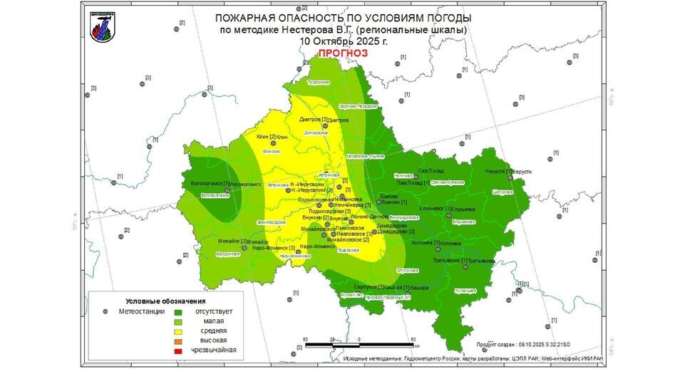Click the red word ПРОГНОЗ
click(x=343, y=53)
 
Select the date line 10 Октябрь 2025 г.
click(x=343, y=41)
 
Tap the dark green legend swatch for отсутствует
click(x=178, y=311)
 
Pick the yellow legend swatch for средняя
click(x=178, y=331)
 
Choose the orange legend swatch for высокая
click(x=178, y=341)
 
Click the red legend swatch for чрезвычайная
click(x=178, y=350)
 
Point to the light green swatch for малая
click(x=178, y=321)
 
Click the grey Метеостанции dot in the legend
click(x=105, y=311)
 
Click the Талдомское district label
click(x=325, y=83)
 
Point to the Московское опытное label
click(x=365, y=156)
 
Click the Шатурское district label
click(x=503, y=192)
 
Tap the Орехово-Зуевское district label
click(x=448, y=182)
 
